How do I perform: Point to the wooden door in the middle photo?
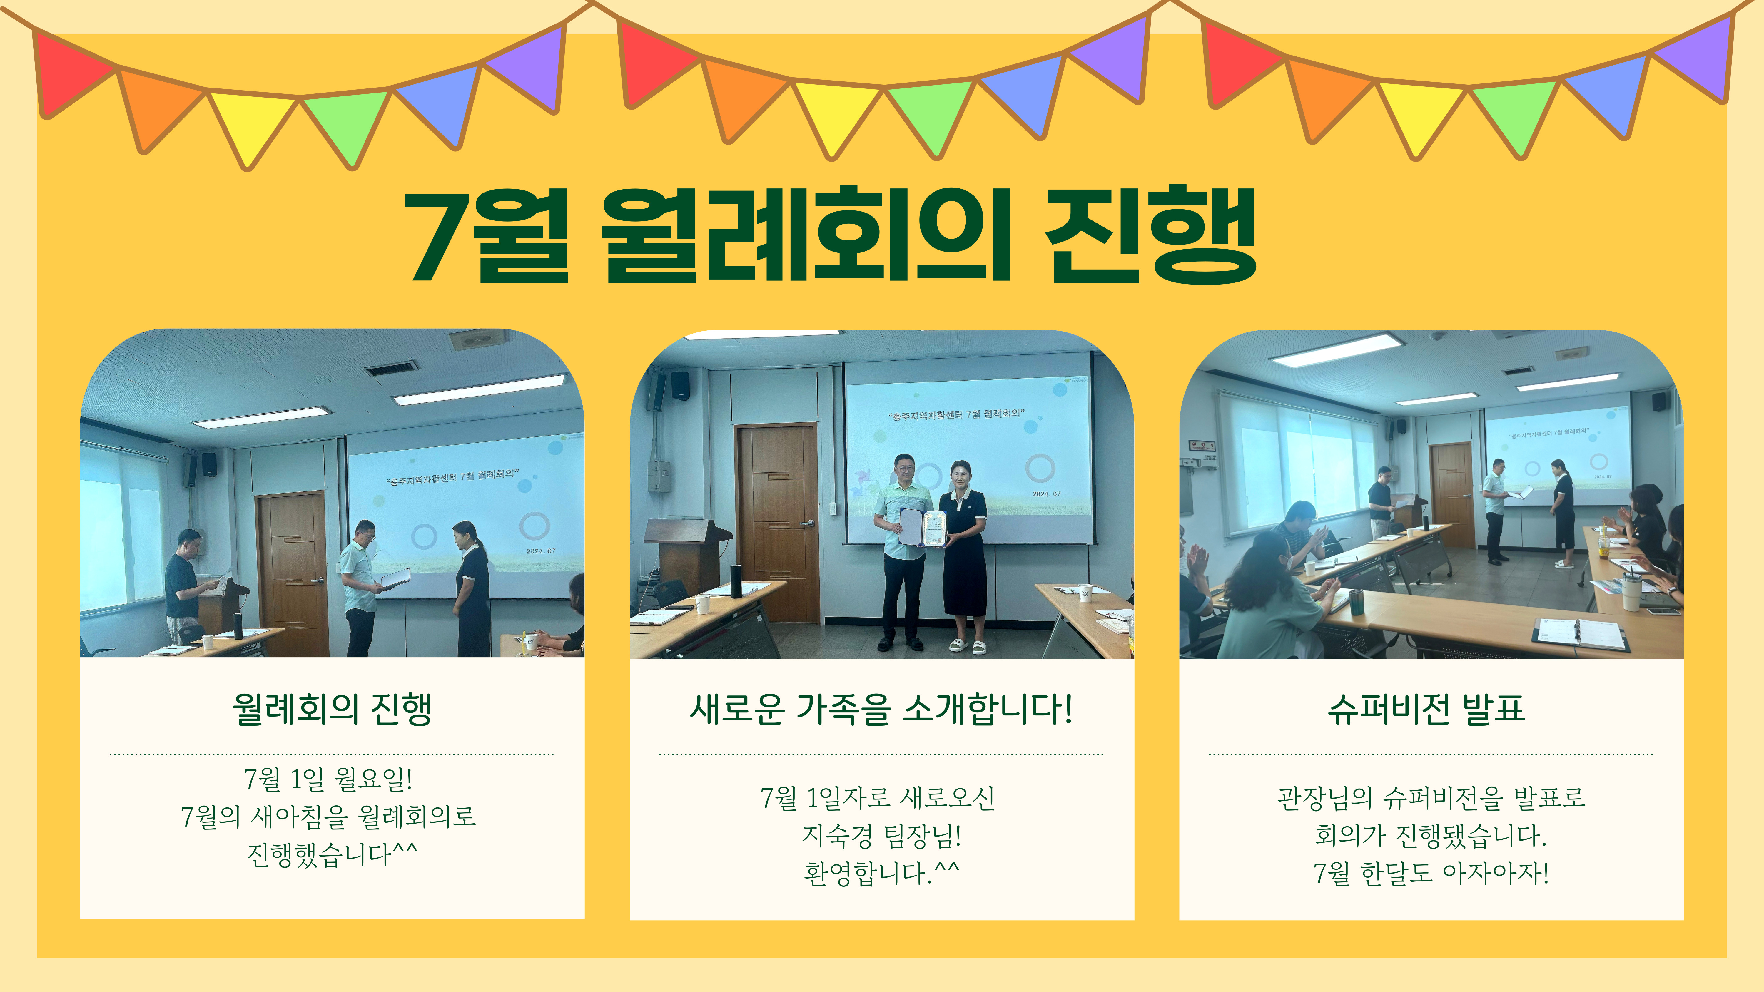pyautogui.click(x=777, y=524)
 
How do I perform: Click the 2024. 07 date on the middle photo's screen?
pyautogui.click(x=1046, y=494)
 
